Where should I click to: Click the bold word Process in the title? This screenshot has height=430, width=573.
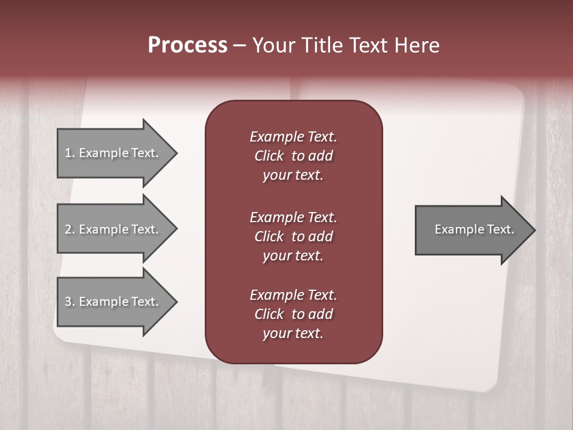(187, 45)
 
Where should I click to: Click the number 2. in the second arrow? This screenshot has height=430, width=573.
(70, 229)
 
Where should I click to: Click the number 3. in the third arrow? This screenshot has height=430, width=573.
(70, 302)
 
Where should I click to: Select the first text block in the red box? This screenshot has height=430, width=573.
(293, 156)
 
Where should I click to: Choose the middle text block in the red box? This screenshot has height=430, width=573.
(293, 236)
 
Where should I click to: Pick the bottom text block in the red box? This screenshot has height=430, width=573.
(293, 314)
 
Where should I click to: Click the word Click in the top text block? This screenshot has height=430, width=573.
(269, 156)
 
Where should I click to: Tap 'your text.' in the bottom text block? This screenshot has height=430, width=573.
(293, 333)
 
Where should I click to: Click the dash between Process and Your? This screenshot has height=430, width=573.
(240, 45)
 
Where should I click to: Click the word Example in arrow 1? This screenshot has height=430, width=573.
(103, 153)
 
